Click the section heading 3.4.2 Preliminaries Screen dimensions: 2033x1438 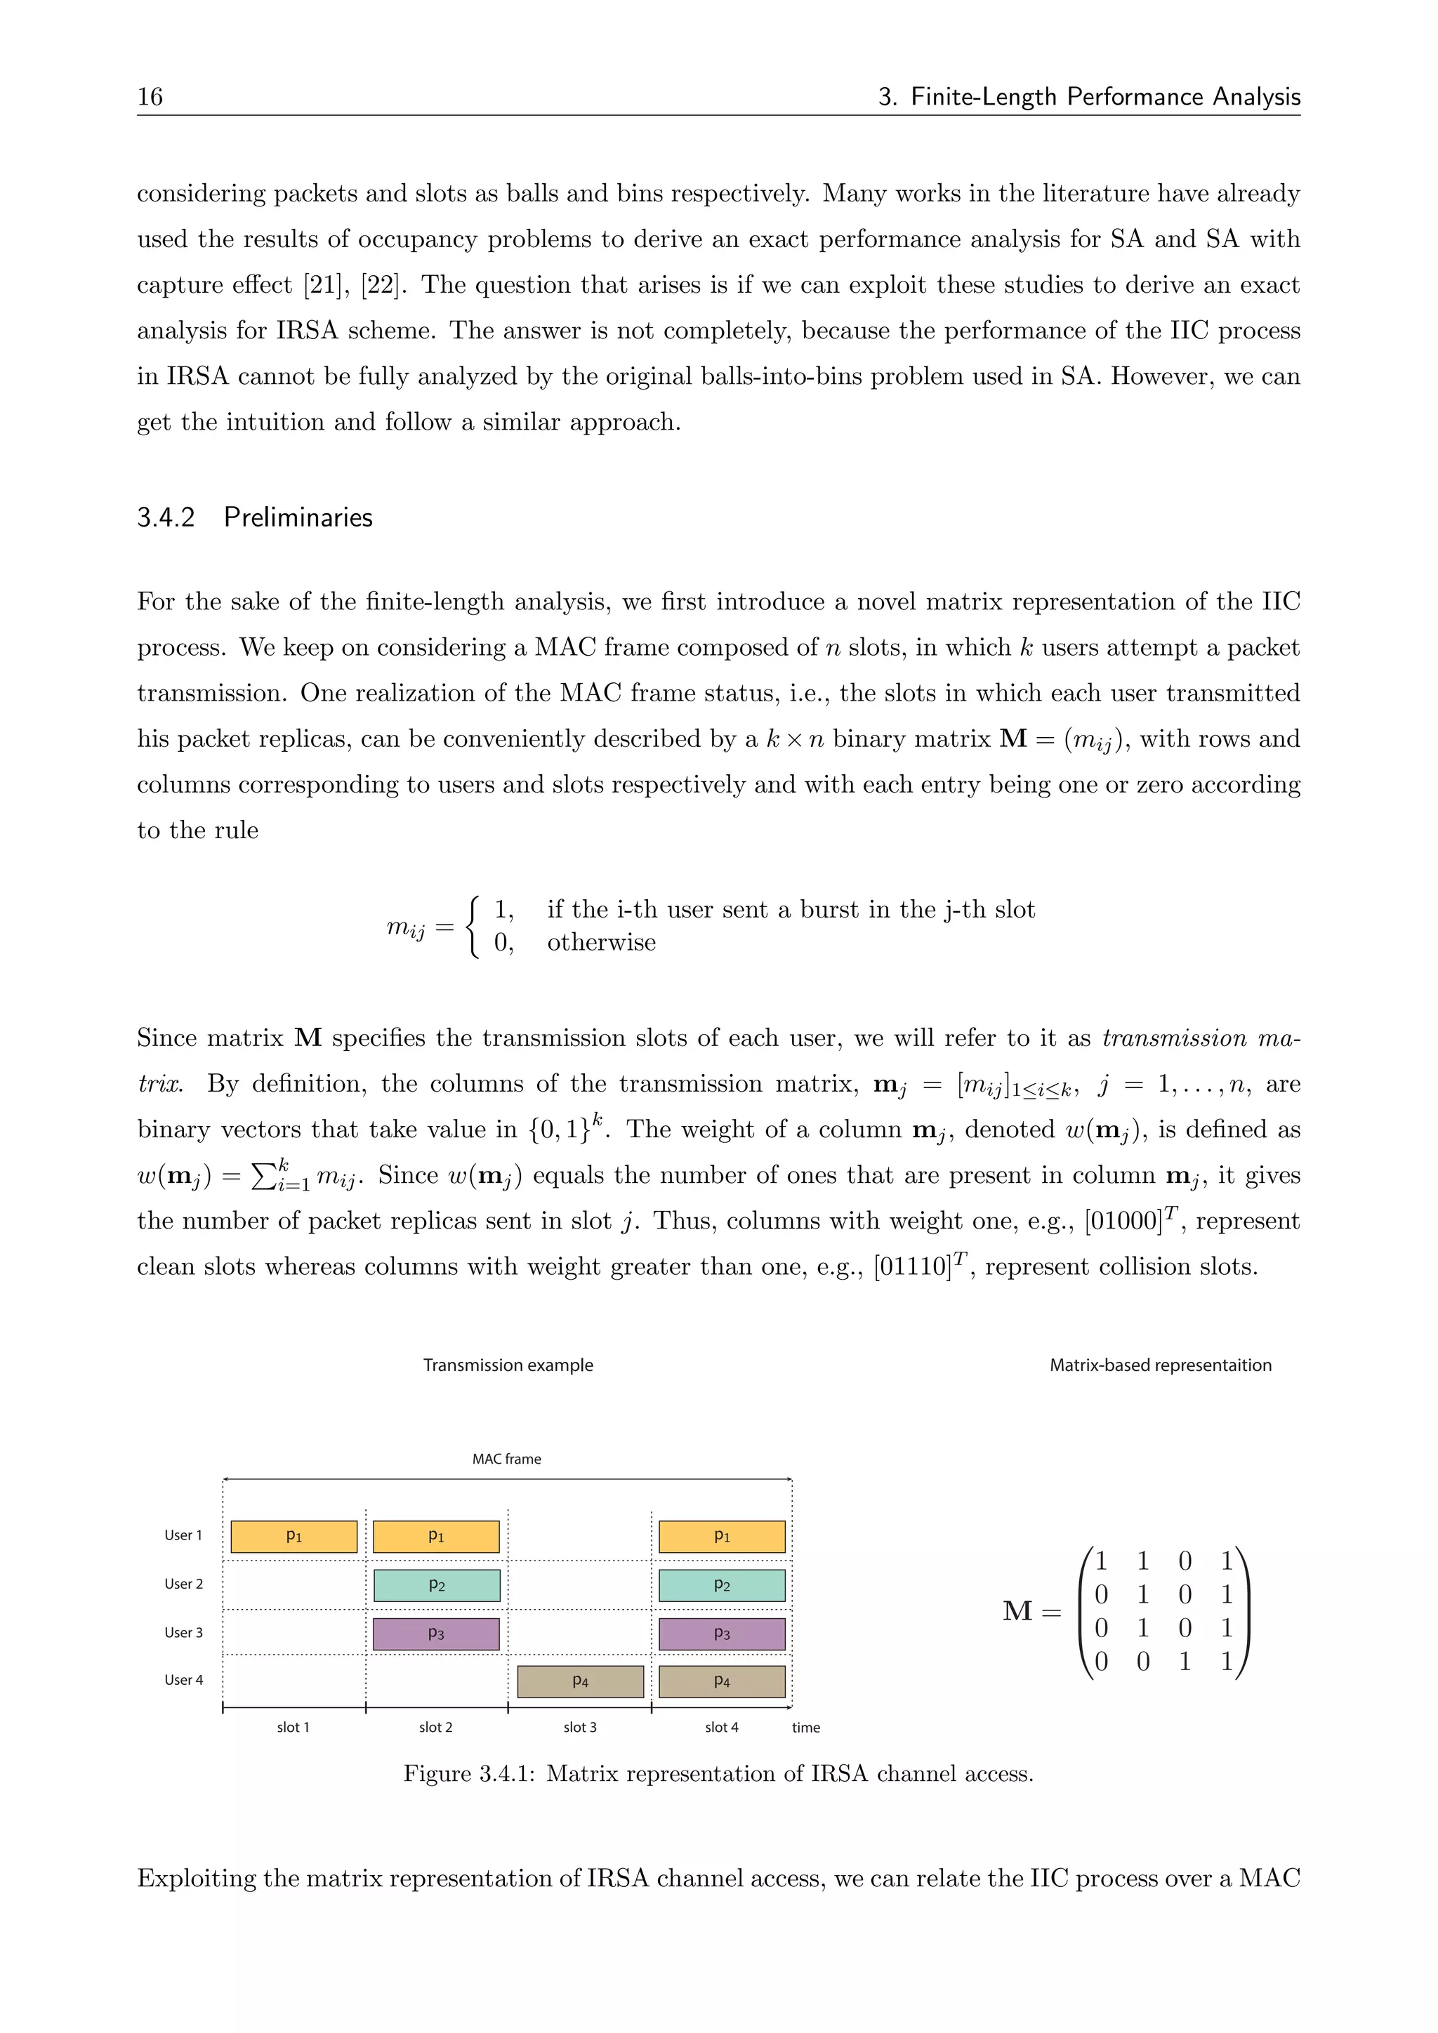[254, 517]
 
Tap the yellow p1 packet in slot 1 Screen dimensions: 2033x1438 [294, 1536]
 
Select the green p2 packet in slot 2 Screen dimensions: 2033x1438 [437, 1585]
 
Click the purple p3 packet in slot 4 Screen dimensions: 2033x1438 [722, 1634]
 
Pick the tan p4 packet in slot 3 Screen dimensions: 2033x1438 [580, 1681]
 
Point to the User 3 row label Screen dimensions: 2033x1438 [183, 1632]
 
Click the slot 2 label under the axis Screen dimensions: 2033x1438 [435, 1727]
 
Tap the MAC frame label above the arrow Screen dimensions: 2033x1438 [506, 1458]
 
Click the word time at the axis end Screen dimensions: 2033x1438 [806, 1727]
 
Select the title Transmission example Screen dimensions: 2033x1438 [508, 1365]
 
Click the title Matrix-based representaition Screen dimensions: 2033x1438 [1160, 1365]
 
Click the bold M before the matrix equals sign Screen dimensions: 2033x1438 [1017, 1610]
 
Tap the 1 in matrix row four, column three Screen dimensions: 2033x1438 [1185, 1661]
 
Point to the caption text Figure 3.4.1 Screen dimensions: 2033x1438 [469, 1773]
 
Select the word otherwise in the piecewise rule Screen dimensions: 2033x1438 [601, 942]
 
